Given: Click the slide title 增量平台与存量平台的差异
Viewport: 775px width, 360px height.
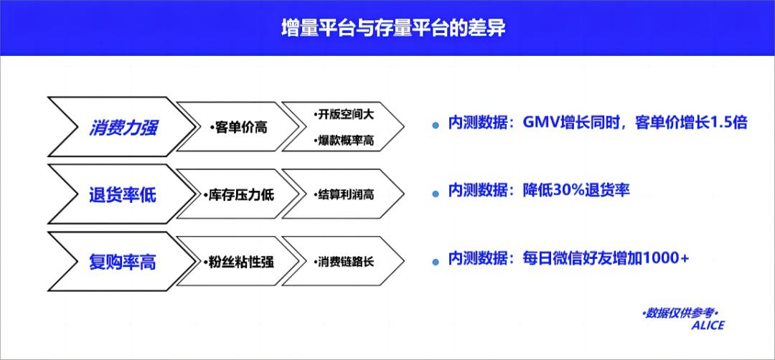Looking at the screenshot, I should pyautogui.click(x=387, y=29).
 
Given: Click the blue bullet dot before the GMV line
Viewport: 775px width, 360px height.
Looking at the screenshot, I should pyautogui.click(x=436, y=125).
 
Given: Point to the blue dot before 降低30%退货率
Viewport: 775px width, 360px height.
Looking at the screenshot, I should pyautogui.click(x=436, y=192).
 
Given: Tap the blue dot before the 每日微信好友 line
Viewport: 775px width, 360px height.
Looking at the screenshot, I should pyautogui.click(x=436, y=260).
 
